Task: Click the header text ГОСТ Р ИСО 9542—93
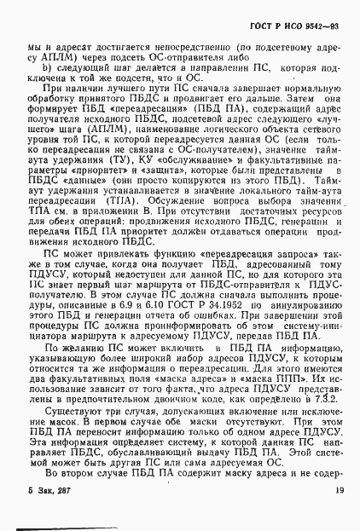click(x=300, y=14)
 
